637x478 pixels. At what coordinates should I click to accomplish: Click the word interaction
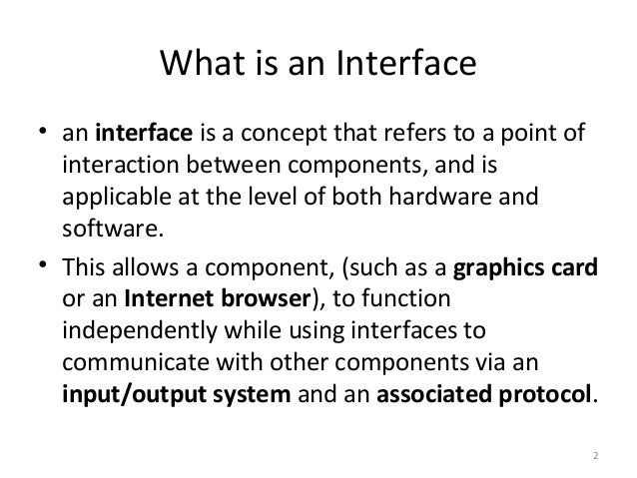(x=114, y=165)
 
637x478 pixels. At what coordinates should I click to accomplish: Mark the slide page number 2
(x=594, y=457)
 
